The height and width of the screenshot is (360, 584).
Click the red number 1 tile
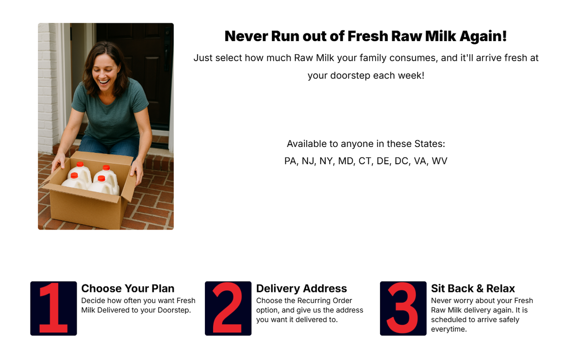pos(53,308)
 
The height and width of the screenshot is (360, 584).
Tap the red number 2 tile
pos(228,308)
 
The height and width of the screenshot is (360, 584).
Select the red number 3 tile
pos(403,308)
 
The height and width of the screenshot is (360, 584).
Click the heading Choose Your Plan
pos(128,288)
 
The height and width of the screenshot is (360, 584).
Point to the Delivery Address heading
pos(302,288)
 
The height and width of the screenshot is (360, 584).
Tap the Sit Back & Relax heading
pos(473,288)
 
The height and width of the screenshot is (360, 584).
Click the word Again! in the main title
pos(483,36)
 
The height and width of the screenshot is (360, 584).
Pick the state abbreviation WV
pos(439,161)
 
